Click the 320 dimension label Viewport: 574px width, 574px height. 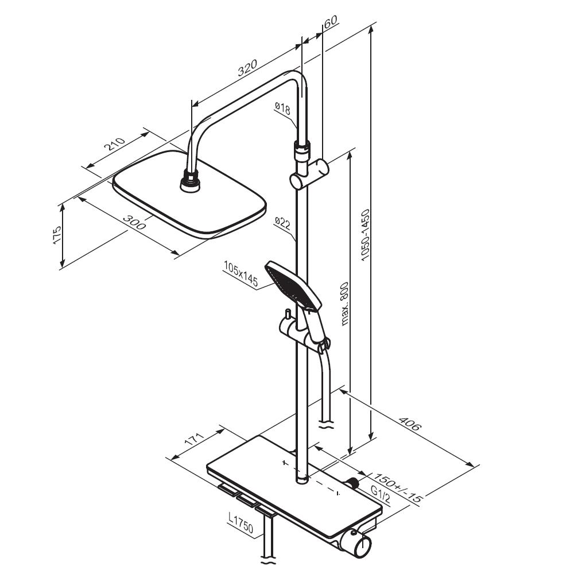pos(247,67)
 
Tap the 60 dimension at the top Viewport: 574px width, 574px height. pos(331,21)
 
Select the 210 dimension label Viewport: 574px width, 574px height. pos(115,144)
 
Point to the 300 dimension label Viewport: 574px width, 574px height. pos(134,222)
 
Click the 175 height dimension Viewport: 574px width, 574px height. pos(57,235)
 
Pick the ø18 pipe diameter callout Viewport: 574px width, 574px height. pos(282,108)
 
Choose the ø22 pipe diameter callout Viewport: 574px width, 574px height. pos(282,223)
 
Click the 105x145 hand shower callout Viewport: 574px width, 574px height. pos(241,274)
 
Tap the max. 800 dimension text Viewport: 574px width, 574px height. pos(344,304)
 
